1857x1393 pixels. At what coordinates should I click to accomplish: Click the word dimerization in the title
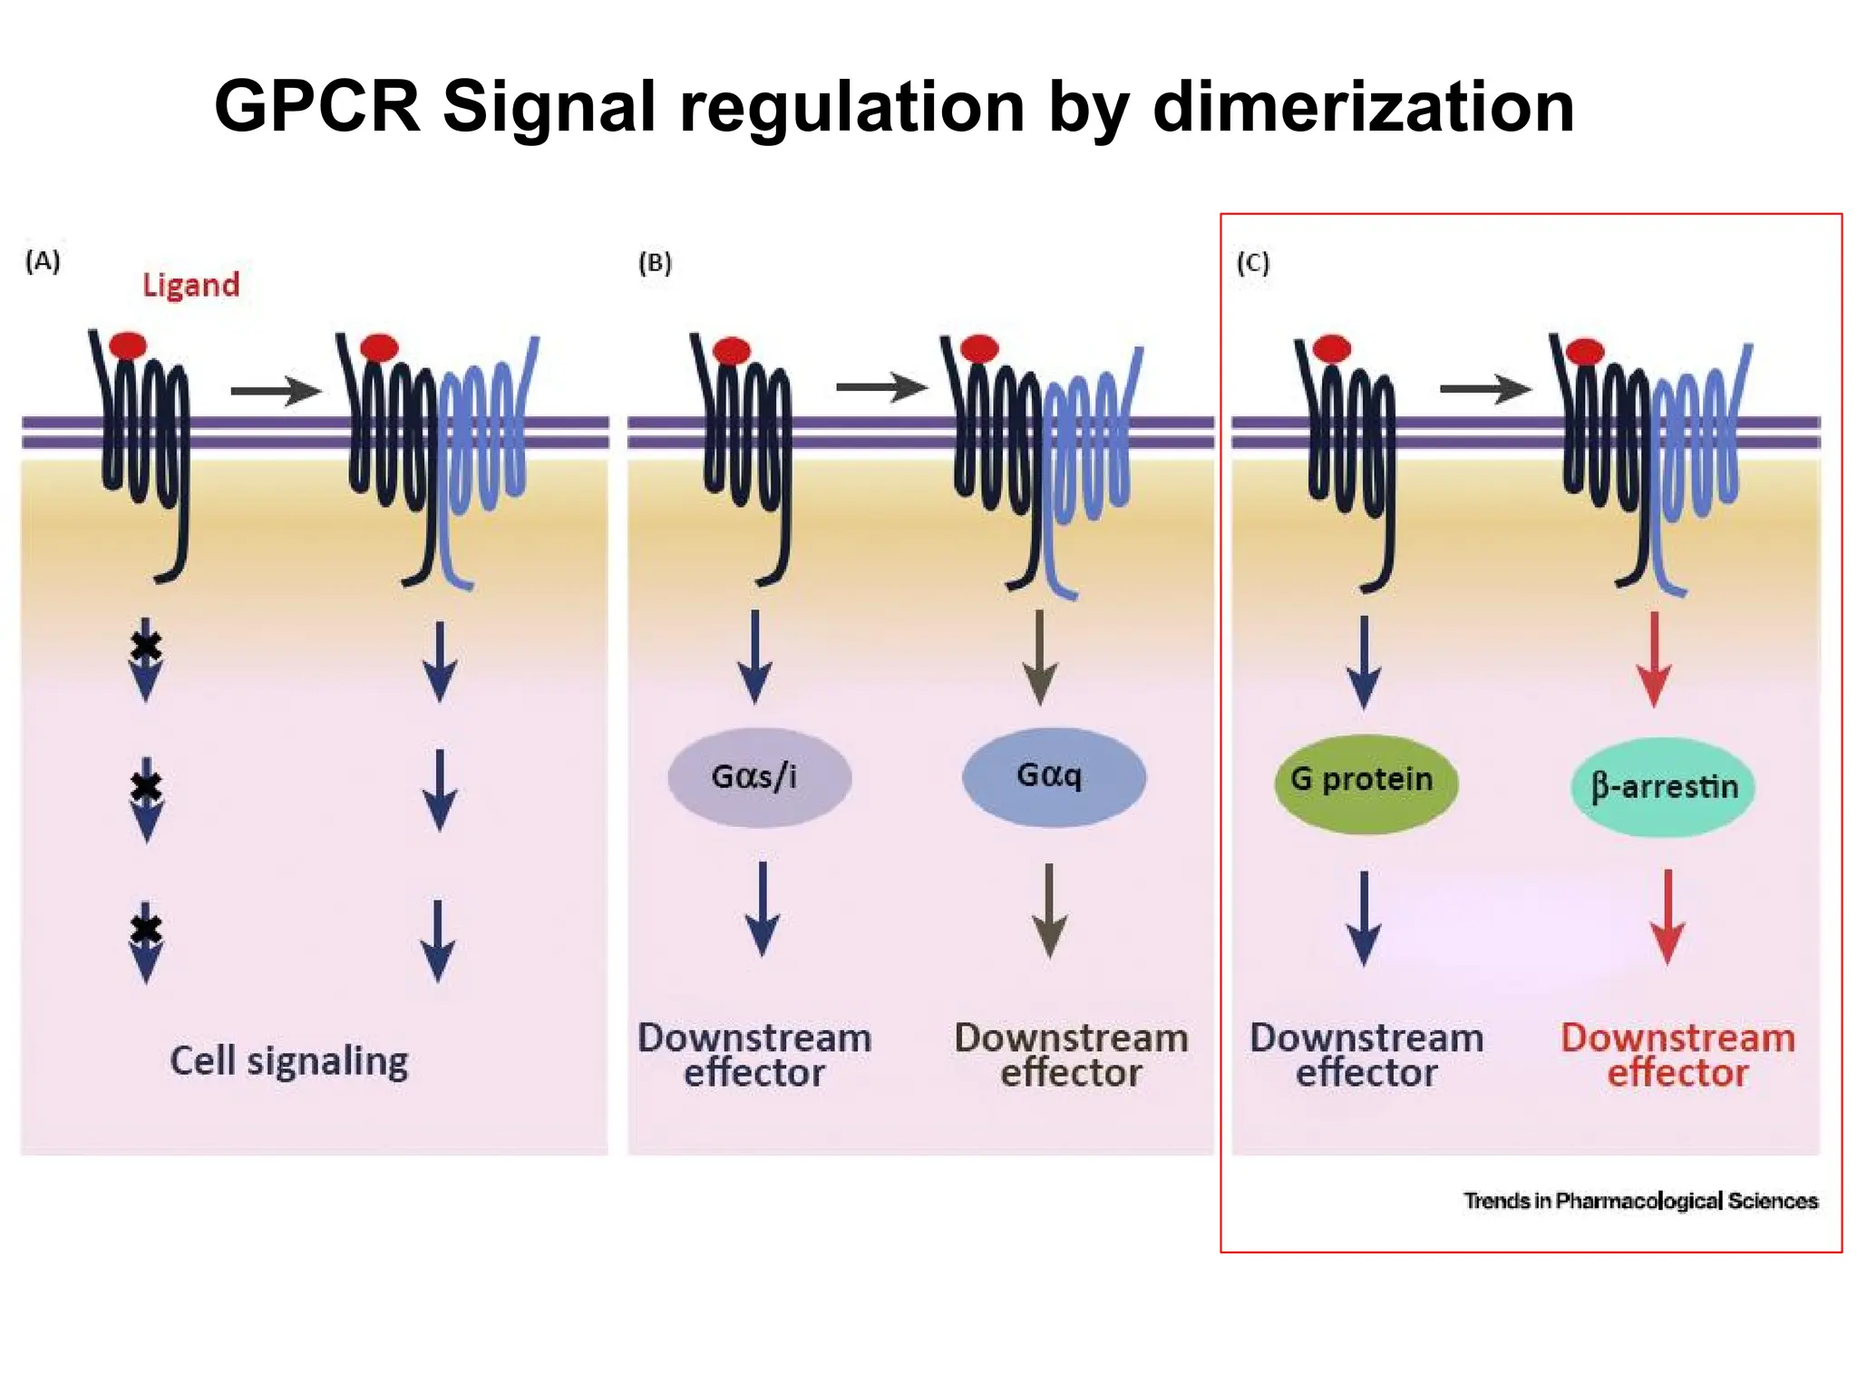coord(1363,107)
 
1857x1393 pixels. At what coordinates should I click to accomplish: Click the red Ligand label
coord(190,285)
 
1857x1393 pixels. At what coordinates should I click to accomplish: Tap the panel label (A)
coord(43,261)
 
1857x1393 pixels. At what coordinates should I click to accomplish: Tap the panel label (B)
coord(655,263)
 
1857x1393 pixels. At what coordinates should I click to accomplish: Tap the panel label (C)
coord(1253,263)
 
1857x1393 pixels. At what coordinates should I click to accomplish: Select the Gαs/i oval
coord(759,777)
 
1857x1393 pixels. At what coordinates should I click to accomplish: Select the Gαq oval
coord(1053,776)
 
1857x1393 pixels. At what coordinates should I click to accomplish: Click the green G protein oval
coord(1366,781)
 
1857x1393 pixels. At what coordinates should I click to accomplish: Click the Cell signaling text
coord(288,1060)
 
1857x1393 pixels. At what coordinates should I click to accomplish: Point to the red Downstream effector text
coord(1677,1055)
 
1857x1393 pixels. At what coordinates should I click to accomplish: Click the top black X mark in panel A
coord(146,646)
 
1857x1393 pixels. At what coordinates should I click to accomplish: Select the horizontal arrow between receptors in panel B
coord(880,388)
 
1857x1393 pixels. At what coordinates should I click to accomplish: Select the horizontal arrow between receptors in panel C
coord(1484,390)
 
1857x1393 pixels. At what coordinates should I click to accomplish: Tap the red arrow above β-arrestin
coord(1654,659)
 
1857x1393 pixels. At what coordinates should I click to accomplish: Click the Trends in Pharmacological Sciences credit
coord(1640,1201)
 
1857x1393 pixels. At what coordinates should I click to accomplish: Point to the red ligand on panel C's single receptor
coord(1331,348)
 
